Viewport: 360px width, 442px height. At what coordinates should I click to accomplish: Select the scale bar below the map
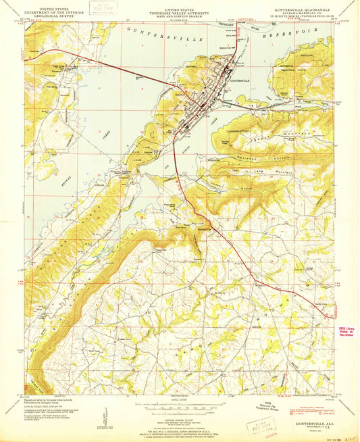[x=180, y=406]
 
